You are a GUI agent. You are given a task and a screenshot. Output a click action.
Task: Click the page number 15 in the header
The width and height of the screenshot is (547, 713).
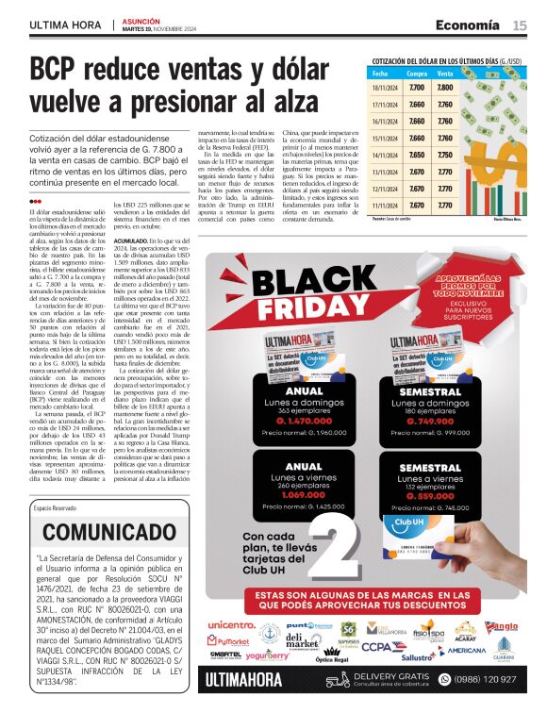coord(520,25)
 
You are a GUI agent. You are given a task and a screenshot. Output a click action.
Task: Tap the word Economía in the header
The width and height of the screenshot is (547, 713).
coord(468,25)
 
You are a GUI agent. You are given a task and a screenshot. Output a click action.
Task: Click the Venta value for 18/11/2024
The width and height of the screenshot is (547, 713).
coord(445,88)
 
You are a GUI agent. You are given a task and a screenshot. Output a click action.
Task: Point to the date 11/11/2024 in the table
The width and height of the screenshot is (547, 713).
coord(384,205)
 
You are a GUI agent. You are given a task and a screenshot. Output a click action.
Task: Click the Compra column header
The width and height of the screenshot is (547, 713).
coord(416,73)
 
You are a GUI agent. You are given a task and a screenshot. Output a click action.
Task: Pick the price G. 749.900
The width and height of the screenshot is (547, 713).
coord(415,422)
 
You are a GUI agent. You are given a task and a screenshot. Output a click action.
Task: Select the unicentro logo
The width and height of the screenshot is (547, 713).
coord(231,624)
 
